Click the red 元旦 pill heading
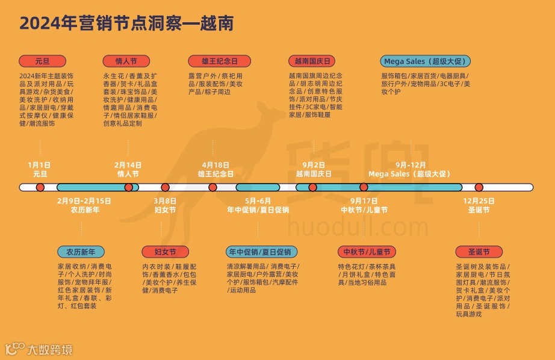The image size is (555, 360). [42, 61]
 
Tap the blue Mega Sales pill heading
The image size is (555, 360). [425, 61]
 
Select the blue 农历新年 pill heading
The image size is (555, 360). [81, 252]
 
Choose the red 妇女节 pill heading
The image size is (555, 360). [165, 252]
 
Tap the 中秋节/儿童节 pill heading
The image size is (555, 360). [367, 252]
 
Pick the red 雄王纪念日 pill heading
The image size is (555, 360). [212, 61]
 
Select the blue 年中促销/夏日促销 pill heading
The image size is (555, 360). [259, 252]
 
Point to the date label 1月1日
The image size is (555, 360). [40, 164]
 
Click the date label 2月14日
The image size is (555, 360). [128, 164]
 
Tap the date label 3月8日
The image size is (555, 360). [165, 201]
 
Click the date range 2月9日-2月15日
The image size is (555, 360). [84, 201]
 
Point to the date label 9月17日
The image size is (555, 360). [364, 201]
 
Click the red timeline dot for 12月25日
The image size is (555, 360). [479, 187]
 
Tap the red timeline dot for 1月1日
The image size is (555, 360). [40, 187]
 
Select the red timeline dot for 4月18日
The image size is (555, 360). [212, 187]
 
